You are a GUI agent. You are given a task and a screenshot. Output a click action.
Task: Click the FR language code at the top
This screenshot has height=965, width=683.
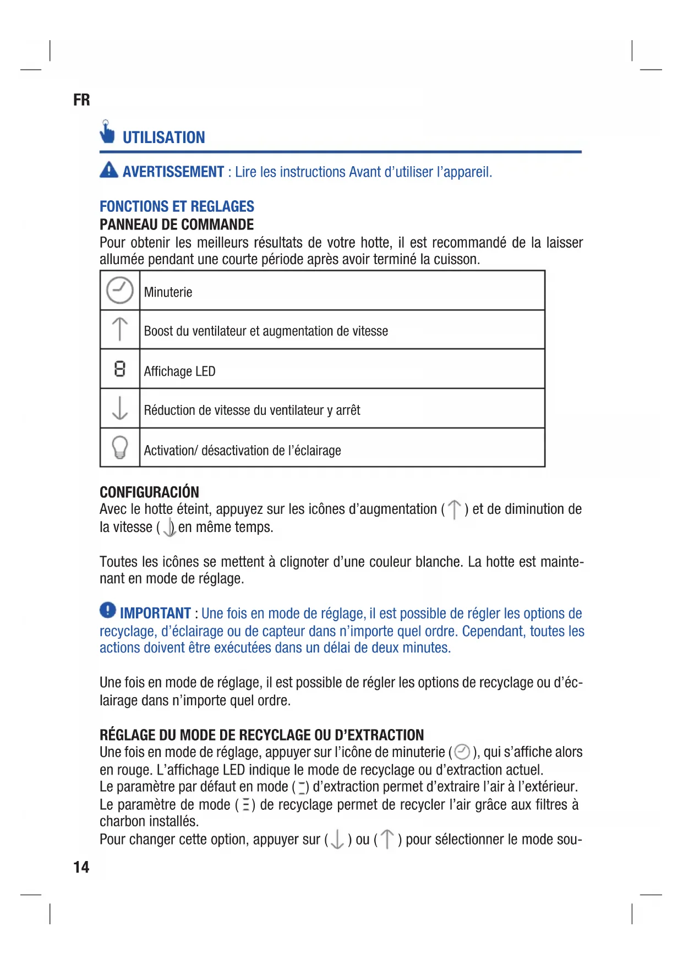[81, 100]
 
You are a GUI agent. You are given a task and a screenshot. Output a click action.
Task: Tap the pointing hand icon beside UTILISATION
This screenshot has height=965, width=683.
[107, 132]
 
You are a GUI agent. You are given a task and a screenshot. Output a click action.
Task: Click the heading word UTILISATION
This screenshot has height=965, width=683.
[163, 138]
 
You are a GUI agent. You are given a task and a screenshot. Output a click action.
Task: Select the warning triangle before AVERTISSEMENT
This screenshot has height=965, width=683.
[109, 170]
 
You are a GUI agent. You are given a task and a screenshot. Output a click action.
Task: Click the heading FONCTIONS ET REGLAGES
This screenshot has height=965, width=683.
[177, 206]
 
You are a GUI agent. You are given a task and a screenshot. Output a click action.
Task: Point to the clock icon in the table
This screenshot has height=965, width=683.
[120, 290]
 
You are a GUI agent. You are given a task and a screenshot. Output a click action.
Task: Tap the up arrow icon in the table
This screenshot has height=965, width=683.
[120, 329]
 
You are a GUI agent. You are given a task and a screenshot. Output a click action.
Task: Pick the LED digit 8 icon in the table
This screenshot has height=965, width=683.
[120, 369]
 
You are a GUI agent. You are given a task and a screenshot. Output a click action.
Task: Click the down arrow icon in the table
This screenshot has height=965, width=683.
[120, 408]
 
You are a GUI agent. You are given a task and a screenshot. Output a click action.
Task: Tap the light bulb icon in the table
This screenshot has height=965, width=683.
[120, 447]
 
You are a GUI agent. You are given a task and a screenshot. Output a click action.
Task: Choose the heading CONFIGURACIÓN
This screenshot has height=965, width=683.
[149, 492]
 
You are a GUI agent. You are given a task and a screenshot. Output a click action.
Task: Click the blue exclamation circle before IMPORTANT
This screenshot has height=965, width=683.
[108, 610]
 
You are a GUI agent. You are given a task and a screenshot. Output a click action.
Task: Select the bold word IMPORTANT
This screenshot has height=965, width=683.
[155, 613]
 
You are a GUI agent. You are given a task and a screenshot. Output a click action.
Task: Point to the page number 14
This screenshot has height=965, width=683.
[81, 867]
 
